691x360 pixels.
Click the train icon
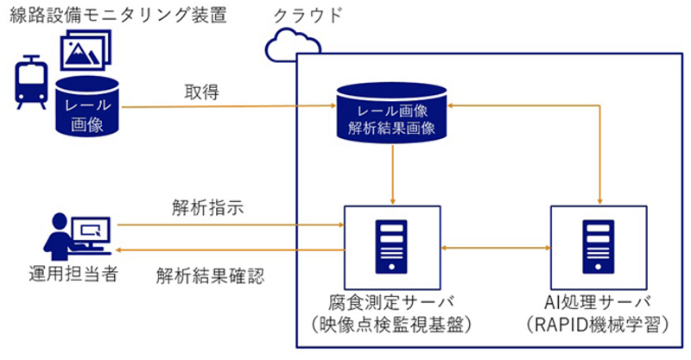click(31, 82)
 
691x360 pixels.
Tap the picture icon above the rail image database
click(86, 50)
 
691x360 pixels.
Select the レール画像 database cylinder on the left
click(87, 105)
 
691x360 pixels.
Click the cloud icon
click(293, 45)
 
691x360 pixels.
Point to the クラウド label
click(307, 16)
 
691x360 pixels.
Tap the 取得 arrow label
click(201, 92)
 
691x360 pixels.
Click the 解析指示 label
click(207, 207)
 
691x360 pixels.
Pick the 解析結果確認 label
click(210, 276)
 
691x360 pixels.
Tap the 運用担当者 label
click(73, 274)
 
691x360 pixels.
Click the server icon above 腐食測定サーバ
click(391, 247)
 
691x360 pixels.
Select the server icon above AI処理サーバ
click(598, 247)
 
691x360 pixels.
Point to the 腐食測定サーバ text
click(391, 303)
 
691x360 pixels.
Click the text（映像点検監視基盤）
click(391, 325)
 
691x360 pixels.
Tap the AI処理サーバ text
click(598, 303)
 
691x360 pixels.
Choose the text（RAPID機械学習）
click(598, 325)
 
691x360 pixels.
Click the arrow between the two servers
click(496, 248)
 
